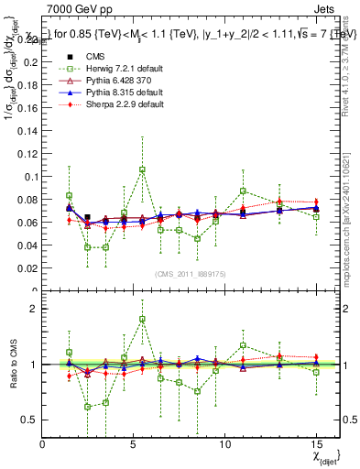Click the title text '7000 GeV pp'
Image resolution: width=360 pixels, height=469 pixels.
[x=74, y=8]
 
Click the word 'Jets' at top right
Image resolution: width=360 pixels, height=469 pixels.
[x=325, y=8]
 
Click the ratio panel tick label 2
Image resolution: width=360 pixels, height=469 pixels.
[x=35, y=309]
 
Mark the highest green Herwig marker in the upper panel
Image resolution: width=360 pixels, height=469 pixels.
[x=143, y=169]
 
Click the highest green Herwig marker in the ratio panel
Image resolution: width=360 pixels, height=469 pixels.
[x=143, y=319]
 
